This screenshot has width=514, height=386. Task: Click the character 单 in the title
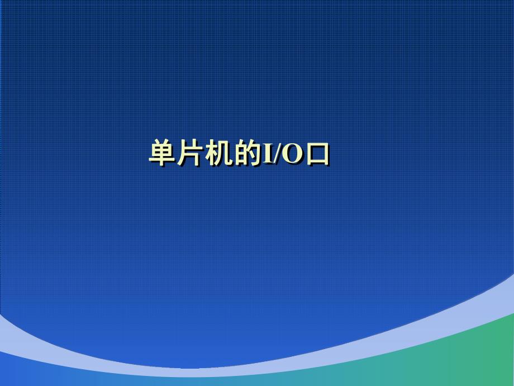pos(163,153)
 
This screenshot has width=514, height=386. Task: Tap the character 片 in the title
pos(191,153)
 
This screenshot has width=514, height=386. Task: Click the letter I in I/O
pos(267,154)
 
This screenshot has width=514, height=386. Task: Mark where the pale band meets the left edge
pos(2,330)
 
